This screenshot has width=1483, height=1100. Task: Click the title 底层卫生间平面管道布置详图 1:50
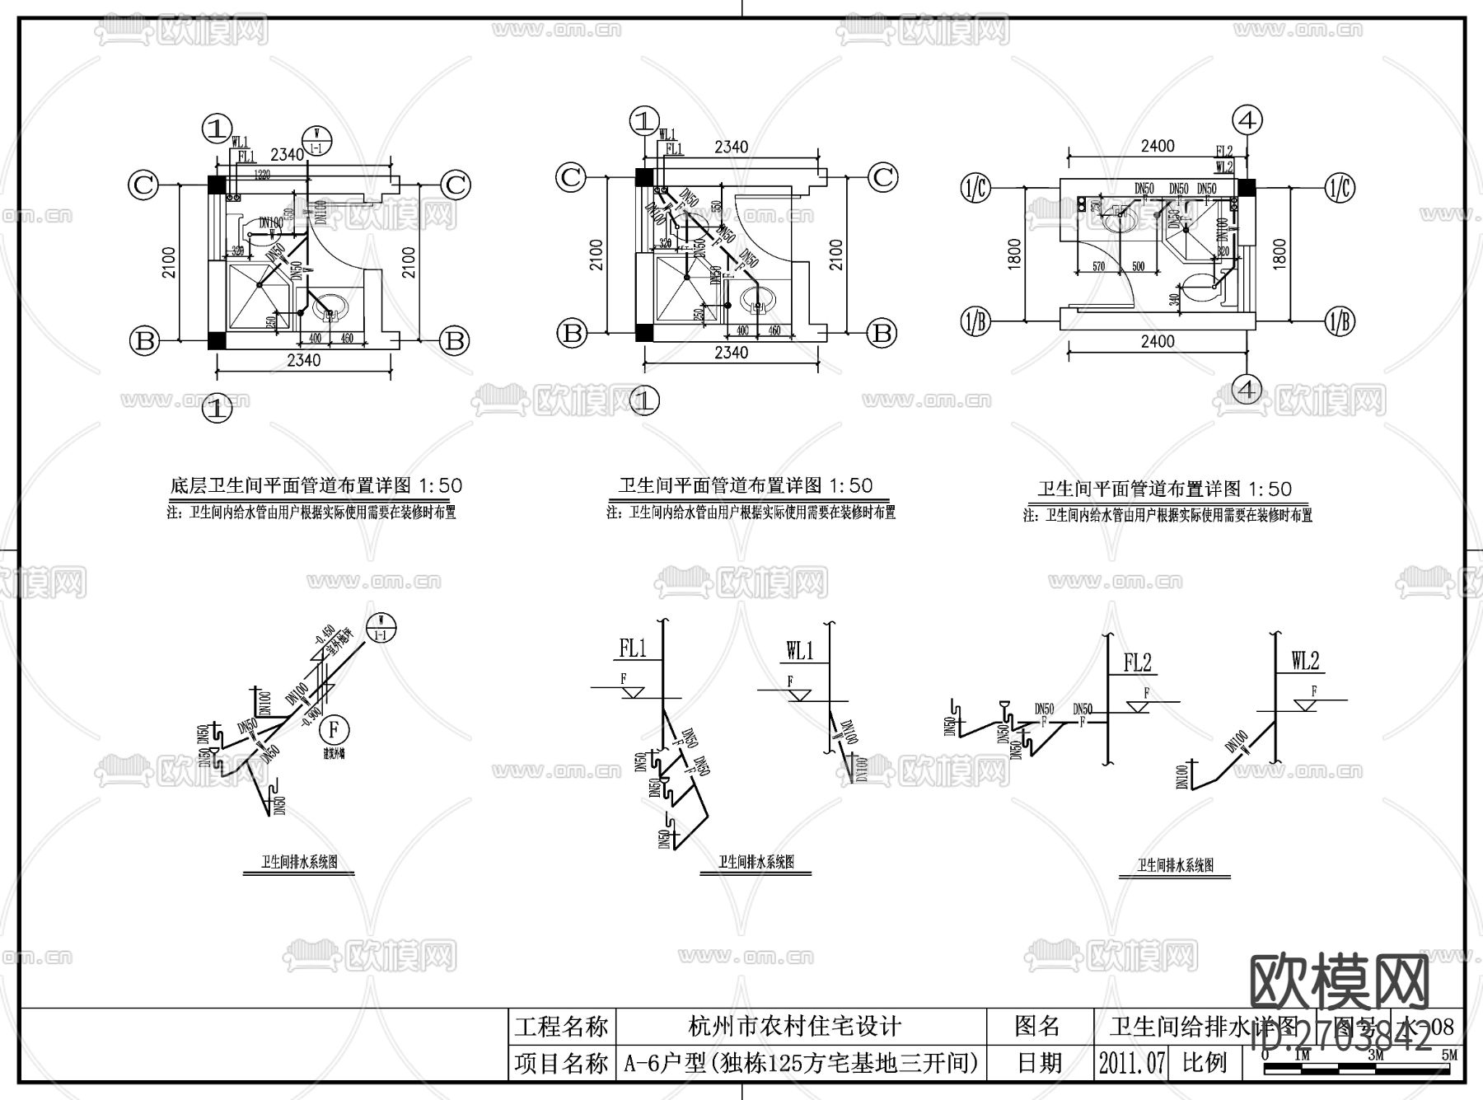(x=316, y=485)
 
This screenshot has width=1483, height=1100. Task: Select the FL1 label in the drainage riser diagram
(x=633, y=648)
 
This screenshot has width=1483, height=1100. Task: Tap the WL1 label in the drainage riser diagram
(x=799, y=651)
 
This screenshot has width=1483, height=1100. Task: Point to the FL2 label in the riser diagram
(x=1137, y=662)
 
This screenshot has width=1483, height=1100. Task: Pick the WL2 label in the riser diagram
(x=1305, y=661)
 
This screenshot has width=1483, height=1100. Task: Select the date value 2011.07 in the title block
(x=1132, y=1063)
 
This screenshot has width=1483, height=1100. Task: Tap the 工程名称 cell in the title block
(x=562, y=1027)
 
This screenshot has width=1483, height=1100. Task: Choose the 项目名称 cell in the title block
(x=562, y=1063)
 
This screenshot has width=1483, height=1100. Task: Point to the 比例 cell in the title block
(x=1205, y=1063)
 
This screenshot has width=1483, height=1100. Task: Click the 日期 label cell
(x=1039, y=1063)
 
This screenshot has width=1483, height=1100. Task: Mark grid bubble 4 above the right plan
(x=1247, y=120)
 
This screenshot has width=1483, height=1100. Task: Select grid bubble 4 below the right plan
(x=1247, y=389)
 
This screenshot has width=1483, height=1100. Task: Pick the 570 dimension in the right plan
(x=1097, y=266)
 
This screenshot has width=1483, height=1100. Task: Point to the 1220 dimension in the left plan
(x=261, y=174)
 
